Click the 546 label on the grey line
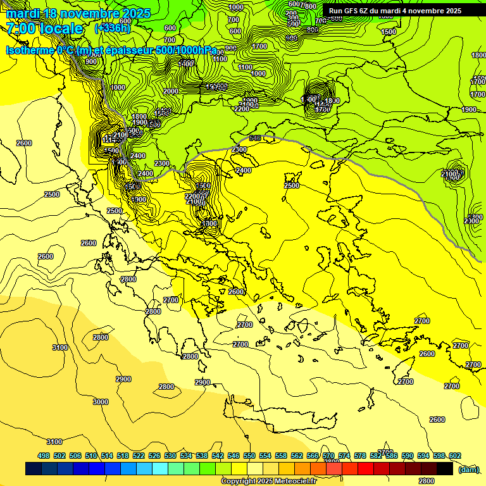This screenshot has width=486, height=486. pos(255,138)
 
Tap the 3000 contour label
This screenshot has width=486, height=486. pos(100,402)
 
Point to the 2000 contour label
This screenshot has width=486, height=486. pos(170,91)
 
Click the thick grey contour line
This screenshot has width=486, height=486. pos(380,184)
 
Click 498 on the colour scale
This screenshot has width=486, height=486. pos(44,456)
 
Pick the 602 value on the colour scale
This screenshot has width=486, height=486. pos(454,456)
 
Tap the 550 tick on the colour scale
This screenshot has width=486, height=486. pos(249,456)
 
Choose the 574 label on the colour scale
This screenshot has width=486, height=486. pos(344,456)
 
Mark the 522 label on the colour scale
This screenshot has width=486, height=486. pos(139,456)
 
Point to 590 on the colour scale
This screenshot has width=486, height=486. pos(408,456)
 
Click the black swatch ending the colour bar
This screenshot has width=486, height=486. pos(445,469)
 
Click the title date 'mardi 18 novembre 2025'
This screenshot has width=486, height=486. pos(78,13)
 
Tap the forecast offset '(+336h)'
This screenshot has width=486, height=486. pos(113,28)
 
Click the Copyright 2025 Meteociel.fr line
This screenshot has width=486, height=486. pos(268,482)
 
